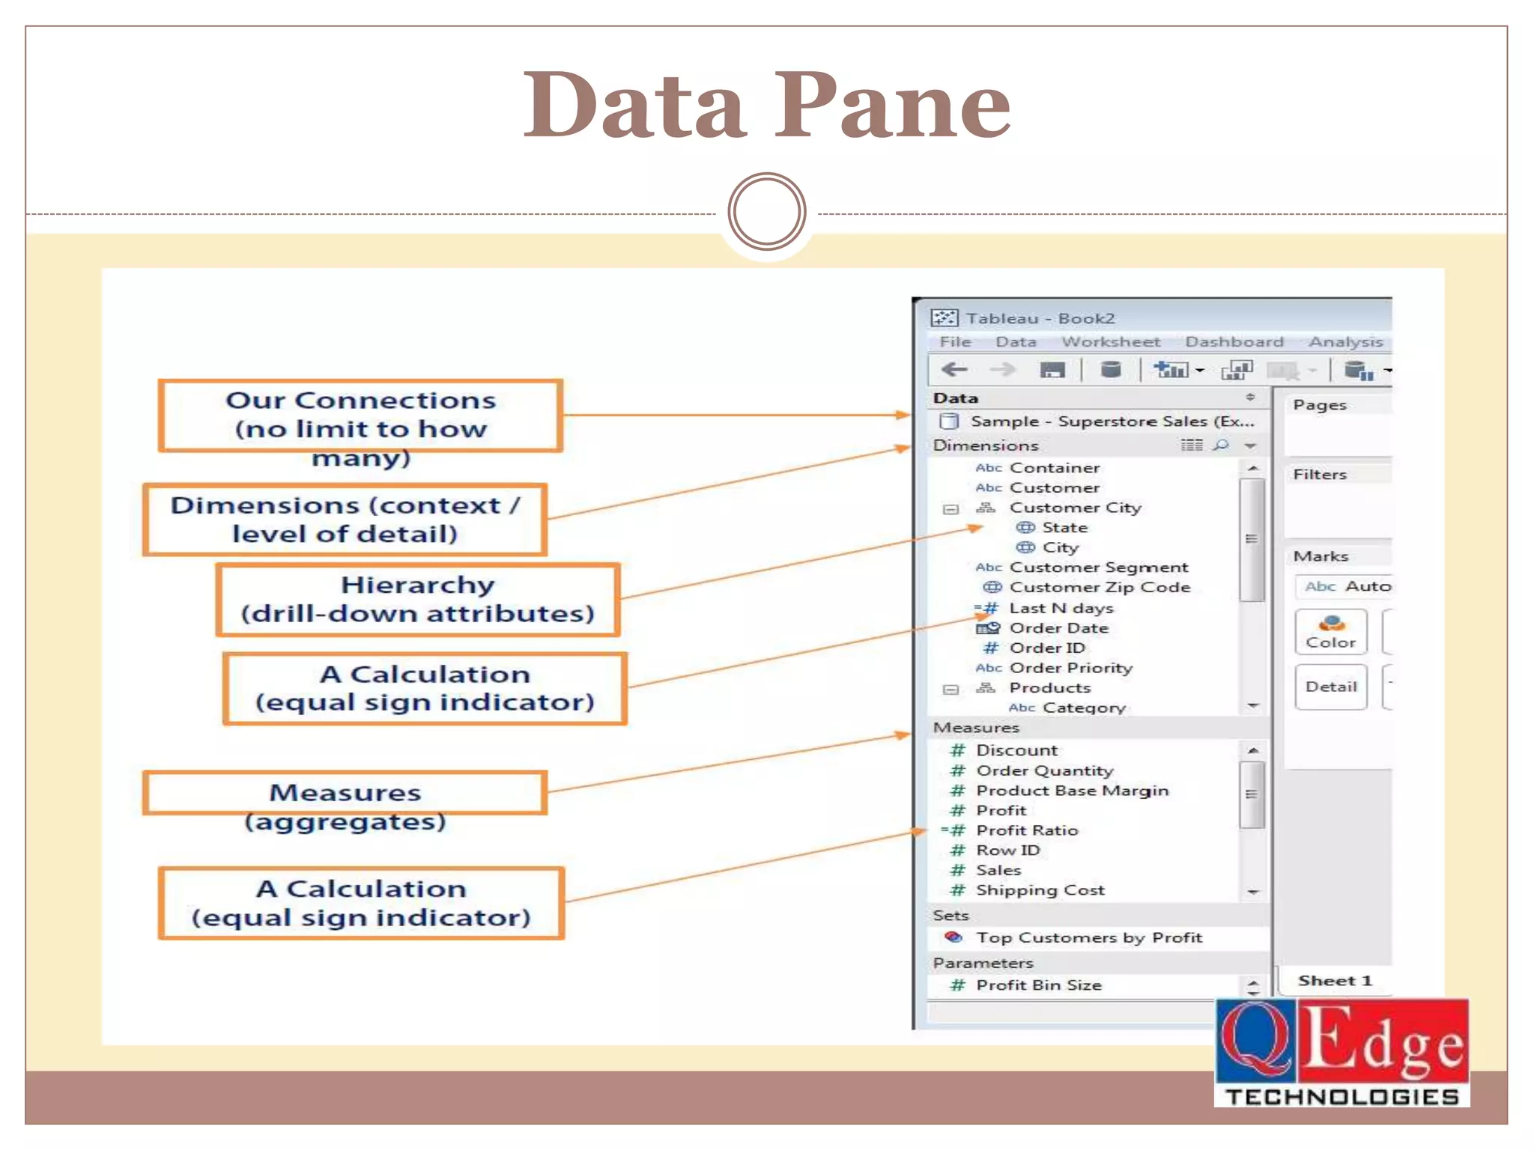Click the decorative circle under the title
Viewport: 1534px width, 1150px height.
pyautogui.click(x=767, y=212)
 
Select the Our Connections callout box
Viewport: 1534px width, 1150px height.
pyautogui.click(x=360, y=416)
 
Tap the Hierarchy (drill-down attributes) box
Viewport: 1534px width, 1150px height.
pyautogui.click(x=418, y=600)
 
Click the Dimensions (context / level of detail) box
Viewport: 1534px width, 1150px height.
pyautogui.click(x=345, y=520)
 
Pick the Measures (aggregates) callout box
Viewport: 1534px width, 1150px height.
pyautogui.click(x=345, y=794)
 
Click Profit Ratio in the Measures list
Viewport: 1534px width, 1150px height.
pyautogui.click(x=1026, y=830)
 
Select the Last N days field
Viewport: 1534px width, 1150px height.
pyautogui.click(x=1061, y=608)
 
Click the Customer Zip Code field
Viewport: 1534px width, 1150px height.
pyautogui.click(x=1099, y=588)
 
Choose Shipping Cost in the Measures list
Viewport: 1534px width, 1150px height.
pyautogui.click(x=1040, y=890)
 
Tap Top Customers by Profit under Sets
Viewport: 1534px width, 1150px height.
pyautogui.click(x=1088, y=937)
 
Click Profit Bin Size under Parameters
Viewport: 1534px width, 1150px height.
pyautogui.click(x=1038, y=985)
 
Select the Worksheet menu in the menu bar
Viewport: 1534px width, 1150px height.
pyautogui.click(x=1110, y=342)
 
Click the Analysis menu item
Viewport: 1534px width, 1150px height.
pyautogui.click(x=1345, y=342)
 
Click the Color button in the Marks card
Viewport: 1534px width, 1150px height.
pyautogui.click(x=1330, y=632)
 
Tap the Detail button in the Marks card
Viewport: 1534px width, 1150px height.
pyautogui.click(x=1330, y=687)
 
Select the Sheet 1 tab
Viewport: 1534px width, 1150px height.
pyautogui.click(x=1335, y=981)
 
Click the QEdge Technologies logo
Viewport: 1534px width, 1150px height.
pyautogui.click(x=1342, y=1053)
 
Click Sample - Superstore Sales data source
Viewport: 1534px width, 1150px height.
pyautogui.click(x=1112, y=422)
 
